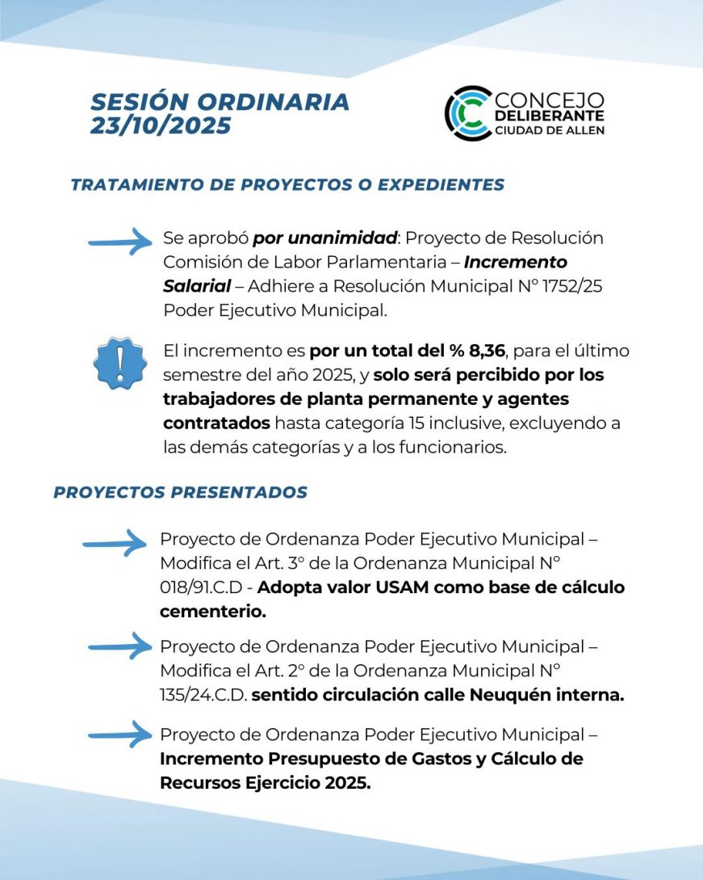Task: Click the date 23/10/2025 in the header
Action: (161, 126)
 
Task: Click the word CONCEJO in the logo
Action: (549, 99)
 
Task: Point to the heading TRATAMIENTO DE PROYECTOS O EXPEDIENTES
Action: (287, 184)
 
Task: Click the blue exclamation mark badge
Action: (121, 363)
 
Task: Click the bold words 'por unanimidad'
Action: (324, 238)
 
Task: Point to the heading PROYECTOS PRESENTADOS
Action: (180, 492)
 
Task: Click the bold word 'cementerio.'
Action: (213, 612)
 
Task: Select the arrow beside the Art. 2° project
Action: (119, 646)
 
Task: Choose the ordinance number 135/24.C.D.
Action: (203, 695)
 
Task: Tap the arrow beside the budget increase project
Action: (119, 735)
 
